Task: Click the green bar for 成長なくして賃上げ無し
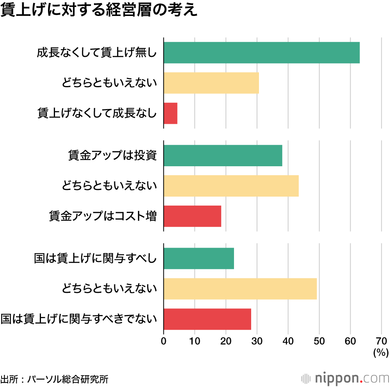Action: [x=261, y=53]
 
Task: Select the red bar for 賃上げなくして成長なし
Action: [x=170, y=113]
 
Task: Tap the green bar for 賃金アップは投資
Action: [x=223, y=155]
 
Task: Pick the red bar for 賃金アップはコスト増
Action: [x=192, y=216]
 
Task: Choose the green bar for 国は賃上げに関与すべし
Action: [x=199, y=258]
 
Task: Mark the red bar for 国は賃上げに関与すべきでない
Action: [x=207, y=319]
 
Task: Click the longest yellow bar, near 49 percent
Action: [x=240, y=288]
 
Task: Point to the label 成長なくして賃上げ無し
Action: [x=97, y=53]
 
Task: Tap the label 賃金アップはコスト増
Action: [x=103, y=216]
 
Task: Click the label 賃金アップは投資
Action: [x=112, y=155]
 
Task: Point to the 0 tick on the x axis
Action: [x=164, y=341]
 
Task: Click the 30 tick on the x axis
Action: [x=257, y=341]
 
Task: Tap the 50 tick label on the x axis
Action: [x=319, y=341]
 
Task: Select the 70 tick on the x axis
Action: [x=381, y=341]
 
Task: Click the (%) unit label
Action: [x=381, y=353]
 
